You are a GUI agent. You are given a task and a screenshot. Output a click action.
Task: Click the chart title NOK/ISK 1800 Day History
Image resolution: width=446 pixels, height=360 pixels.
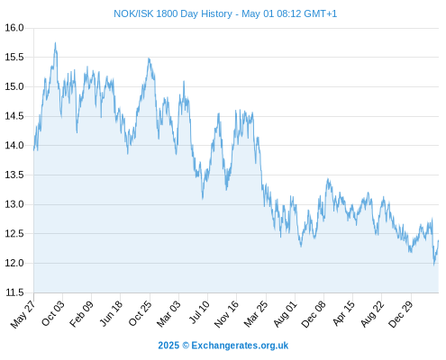(x=173, y=13)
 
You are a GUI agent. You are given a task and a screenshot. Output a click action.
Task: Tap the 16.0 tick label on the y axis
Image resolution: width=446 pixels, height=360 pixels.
(x=14, y=28)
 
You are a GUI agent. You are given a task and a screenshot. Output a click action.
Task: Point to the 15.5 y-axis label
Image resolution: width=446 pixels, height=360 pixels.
(x=14, y=57)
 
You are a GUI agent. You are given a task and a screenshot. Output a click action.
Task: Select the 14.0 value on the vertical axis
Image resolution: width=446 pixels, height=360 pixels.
(x=14, y=146)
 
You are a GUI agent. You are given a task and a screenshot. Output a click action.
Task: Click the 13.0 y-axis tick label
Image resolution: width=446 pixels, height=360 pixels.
(x=14, y=204)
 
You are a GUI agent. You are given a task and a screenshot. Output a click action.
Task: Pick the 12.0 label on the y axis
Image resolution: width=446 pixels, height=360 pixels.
(x=14, y=263)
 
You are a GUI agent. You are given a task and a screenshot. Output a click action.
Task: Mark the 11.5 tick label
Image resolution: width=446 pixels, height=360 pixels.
(x=14, y=292)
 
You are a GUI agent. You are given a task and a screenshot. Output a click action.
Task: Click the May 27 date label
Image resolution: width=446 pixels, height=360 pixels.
(x=23, y=314)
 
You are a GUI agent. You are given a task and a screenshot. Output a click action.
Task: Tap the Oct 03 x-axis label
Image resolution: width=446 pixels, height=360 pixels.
(x=52, y=313)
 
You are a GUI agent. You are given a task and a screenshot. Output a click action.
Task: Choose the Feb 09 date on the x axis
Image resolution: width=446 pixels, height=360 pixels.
(x=81, y=314)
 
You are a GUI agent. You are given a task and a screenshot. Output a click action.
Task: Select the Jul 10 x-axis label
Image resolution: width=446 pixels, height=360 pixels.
(x=199, y=312)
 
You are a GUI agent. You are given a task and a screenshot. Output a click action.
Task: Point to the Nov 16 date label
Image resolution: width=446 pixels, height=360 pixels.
(x=226, y=314)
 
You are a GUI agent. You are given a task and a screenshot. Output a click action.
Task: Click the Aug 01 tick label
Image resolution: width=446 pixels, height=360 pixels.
(x=285, y=314)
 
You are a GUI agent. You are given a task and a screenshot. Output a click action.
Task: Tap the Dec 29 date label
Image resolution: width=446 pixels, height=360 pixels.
(x=401, y=314)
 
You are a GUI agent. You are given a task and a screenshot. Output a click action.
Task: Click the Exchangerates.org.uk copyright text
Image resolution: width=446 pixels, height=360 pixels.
(x=240, y=346)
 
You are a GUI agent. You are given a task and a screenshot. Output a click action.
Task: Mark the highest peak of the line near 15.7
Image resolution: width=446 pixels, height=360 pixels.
(x=55, y=43)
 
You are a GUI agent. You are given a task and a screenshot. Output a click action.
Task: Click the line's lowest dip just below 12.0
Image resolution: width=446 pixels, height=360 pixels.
(x=434, y=265)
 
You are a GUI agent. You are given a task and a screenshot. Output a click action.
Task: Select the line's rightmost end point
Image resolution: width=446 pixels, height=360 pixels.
(x=439, y=240)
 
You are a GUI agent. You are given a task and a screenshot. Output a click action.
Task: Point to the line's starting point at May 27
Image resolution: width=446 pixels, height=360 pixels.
(x=34, y=150)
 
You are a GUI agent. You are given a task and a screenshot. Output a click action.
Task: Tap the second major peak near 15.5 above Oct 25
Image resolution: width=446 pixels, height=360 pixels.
(x=149, y=58)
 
